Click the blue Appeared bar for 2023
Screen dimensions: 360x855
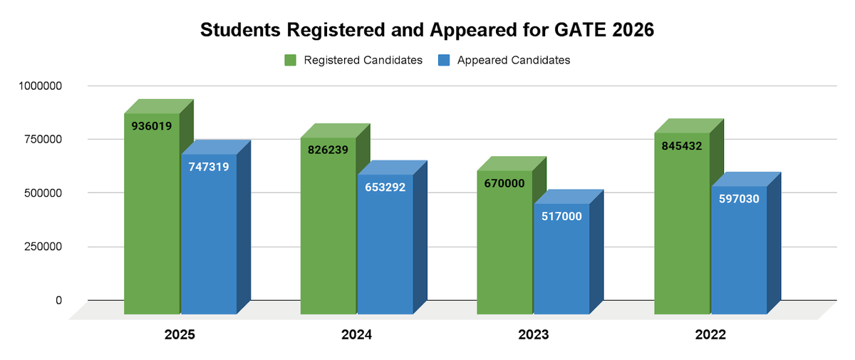click(561, 264)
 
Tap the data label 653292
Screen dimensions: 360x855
click(385, 187)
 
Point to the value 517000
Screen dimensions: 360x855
click(561, 217)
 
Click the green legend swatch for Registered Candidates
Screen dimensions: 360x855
click(290, 61)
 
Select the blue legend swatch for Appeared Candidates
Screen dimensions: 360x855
click(444, 61)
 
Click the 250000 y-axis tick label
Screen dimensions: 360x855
click(41, 247)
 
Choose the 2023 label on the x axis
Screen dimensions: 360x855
click(533, 334)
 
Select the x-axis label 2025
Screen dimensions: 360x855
click(180, 334)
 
